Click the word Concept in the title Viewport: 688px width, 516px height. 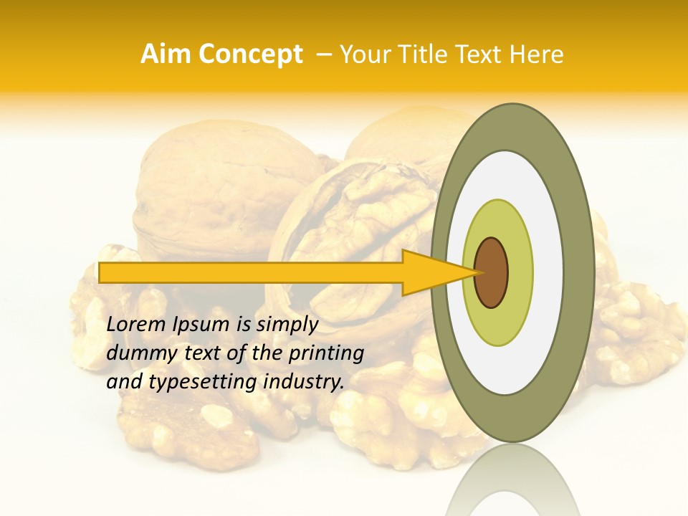point(249,54)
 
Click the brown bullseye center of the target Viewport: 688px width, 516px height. point(491,272)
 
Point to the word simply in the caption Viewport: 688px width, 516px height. point(287,325)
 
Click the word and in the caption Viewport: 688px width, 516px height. point(124,382)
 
